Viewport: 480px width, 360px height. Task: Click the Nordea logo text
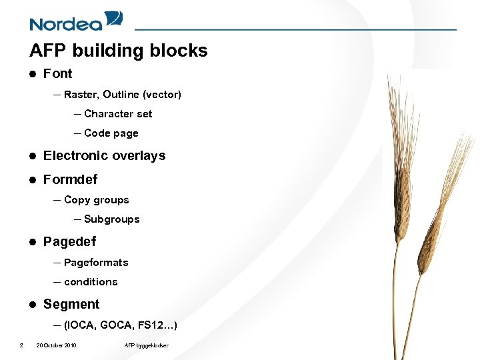pos(65,24)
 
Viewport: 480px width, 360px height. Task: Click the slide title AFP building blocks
pos(119,51)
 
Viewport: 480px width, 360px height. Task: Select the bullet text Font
pos(57,74)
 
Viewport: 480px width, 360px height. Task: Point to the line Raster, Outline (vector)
pos(122,95)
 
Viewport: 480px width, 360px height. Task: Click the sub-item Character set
pos(118,114)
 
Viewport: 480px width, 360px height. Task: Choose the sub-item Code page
pos(111,133)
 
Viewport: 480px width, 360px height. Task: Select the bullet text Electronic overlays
pos(104,156)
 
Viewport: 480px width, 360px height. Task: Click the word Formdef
pos(70,180)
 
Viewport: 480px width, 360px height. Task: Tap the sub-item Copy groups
pos(96,200)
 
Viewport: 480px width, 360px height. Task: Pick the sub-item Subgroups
pos(111,219)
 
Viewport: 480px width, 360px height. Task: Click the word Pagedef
pos(69,242)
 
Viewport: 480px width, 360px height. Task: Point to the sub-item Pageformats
pos(96,263)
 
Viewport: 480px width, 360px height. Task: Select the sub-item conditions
pos(91,282)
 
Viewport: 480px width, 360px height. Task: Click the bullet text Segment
pos(71,305)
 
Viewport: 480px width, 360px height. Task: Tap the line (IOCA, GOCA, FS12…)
pos(120,325)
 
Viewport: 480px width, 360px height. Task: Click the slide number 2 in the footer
pos(21,345)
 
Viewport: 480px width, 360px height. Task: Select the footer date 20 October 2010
pos(56,345)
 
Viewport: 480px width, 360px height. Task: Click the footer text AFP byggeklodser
pos(146,345)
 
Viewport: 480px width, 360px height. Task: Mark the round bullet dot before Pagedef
pos(32,242)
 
